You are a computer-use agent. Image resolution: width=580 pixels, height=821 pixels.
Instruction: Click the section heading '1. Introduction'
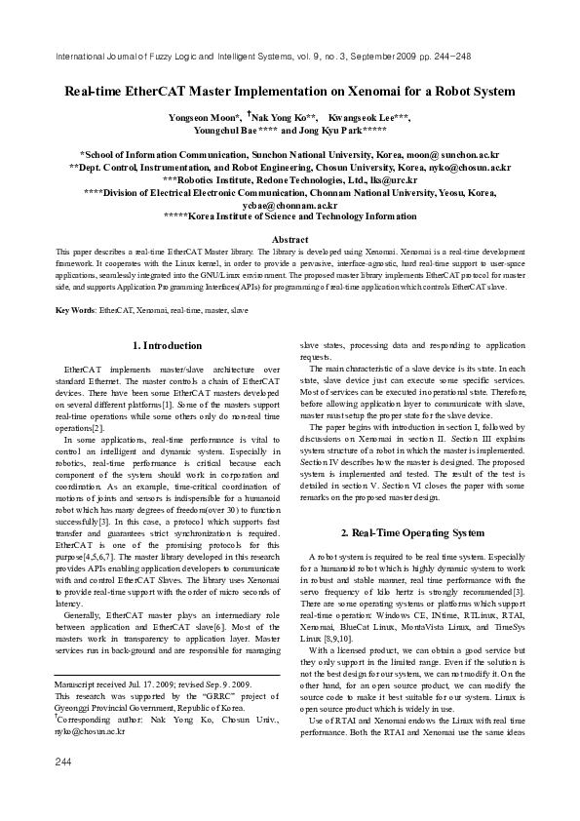coord(167,345)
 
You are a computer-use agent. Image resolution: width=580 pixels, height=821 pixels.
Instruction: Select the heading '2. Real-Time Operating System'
coord(411,533)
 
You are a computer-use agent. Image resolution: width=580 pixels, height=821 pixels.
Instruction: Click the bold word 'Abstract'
coord(290,239)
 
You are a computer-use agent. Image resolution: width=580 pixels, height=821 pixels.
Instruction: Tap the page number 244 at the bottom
coord(64,788)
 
